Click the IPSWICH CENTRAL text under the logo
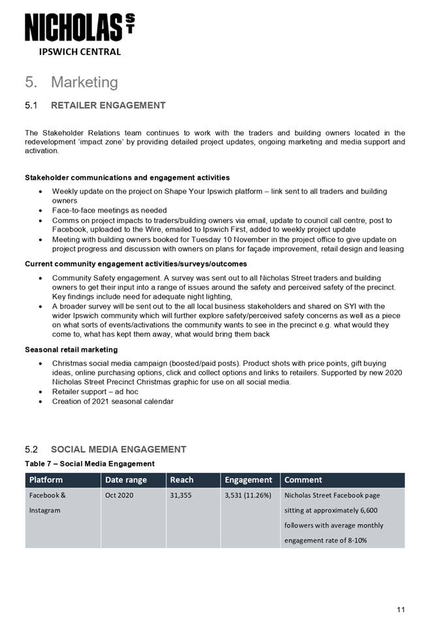[x=78, y=52]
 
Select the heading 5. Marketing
[x=71, y=82]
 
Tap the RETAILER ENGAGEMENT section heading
[x=108, y=105]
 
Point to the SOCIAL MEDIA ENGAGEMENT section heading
[x=118, y=449]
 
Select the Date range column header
[x=125, y=480]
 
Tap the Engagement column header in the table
[x=248, y=480]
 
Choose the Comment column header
[x=303, y=480]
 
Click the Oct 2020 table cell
[x=119, y=496]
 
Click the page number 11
[x=400, y=610]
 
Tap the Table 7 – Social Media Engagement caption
[x=90, y=464]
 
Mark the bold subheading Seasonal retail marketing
[x=71, y=349]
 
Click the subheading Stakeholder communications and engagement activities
[x=127, y=177]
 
